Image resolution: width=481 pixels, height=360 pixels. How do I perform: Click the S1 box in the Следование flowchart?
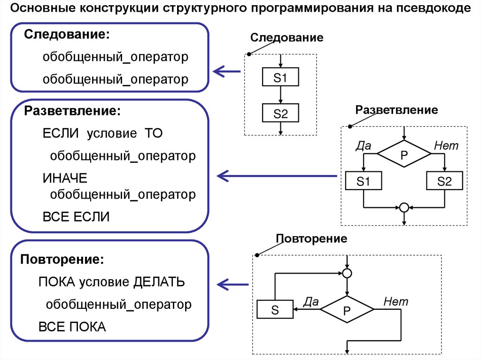[280, 77]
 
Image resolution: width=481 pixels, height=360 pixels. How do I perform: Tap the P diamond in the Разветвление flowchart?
[404, 154]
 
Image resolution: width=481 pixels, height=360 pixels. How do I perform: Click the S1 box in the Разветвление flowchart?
[364, 181]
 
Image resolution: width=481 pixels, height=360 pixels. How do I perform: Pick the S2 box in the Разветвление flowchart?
[444, 181]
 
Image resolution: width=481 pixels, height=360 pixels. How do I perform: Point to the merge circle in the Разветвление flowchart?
[403, 207]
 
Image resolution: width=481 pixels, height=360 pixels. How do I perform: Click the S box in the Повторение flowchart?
[275, 309]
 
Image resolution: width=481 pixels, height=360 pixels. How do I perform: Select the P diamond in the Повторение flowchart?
[347, 309]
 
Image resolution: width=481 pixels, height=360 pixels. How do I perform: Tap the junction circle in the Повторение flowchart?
[347, 273]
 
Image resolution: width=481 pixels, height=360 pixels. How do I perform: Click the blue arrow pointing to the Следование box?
[226, 72]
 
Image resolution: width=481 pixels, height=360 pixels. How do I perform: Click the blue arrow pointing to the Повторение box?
[233, 284]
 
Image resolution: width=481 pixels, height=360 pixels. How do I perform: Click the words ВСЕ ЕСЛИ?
[76, 216]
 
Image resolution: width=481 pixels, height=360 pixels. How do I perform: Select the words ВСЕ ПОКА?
[72, 327]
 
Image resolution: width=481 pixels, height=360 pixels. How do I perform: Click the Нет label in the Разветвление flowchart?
[446, 146]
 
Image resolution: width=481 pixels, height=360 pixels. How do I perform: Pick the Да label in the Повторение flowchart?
[311, 301]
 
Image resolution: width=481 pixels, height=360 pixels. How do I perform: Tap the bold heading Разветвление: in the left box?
[72, 111]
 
